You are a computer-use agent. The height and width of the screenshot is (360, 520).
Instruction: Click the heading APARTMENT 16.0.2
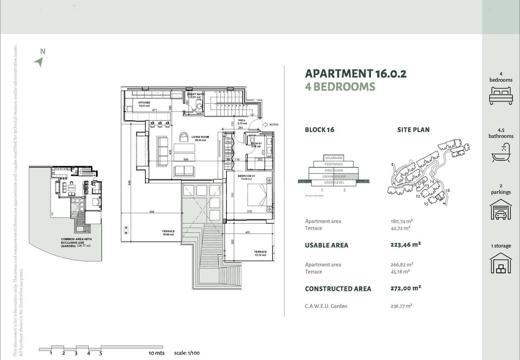[356, 74]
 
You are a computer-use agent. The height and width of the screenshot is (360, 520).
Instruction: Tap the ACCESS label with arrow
[273, 125]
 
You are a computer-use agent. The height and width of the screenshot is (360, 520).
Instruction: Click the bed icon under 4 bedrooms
[501, 96]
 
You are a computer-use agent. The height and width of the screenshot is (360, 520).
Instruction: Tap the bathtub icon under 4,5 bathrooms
[501, 153]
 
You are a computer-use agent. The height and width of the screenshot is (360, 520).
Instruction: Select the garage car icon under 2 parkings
[501, 210]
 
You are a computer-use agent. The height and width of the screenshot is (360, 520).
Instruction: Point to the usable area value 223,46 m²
[405, 245]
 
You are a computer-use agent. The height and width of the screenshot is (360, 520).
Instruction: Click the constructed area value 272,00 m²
[405, 288]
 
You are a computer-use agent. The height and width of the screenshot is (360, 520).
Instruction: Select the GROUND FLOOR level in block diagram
[334, 177]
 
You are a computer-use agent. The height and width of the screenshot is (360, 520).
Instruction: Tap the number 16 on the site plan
[447, 191]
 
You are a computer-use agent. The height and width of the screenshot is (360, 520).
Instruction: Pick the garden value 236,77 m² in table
[402, 306]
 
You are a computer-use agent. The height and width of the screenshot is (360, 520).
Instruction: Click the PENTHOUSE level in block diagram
[334, 164]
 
